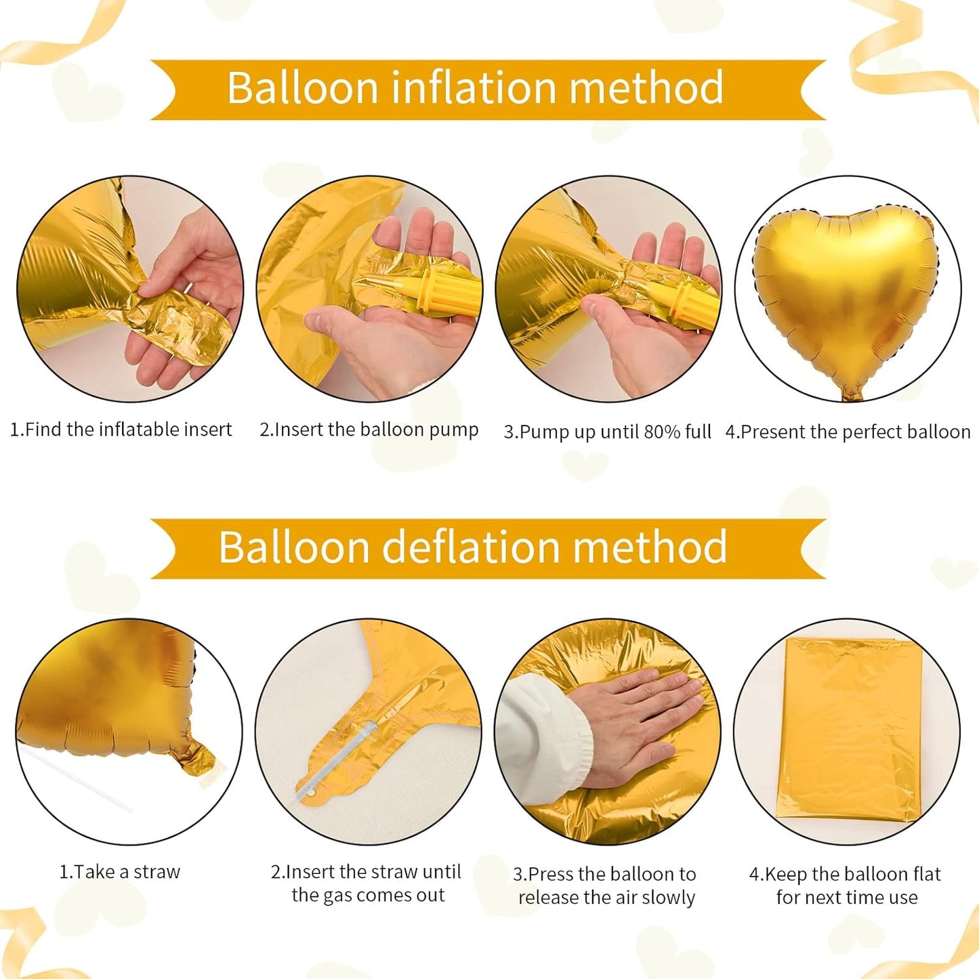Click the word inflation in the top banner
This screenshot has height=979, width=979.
point(474,88)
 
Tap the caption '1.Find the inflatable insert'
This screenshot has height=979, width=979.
point(121,430)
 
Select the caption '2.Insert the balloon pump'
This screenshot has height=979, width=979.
point(369,430)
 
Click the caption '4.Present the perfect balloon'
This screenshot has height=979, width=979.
point(848,432)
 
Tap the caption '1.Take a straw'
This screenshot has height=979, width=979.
point(120,872)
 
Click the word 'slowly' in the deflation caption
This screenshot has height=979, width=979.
point(668,898)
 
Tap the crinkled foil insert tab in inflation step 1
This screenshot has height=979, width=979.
point(183,325)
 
